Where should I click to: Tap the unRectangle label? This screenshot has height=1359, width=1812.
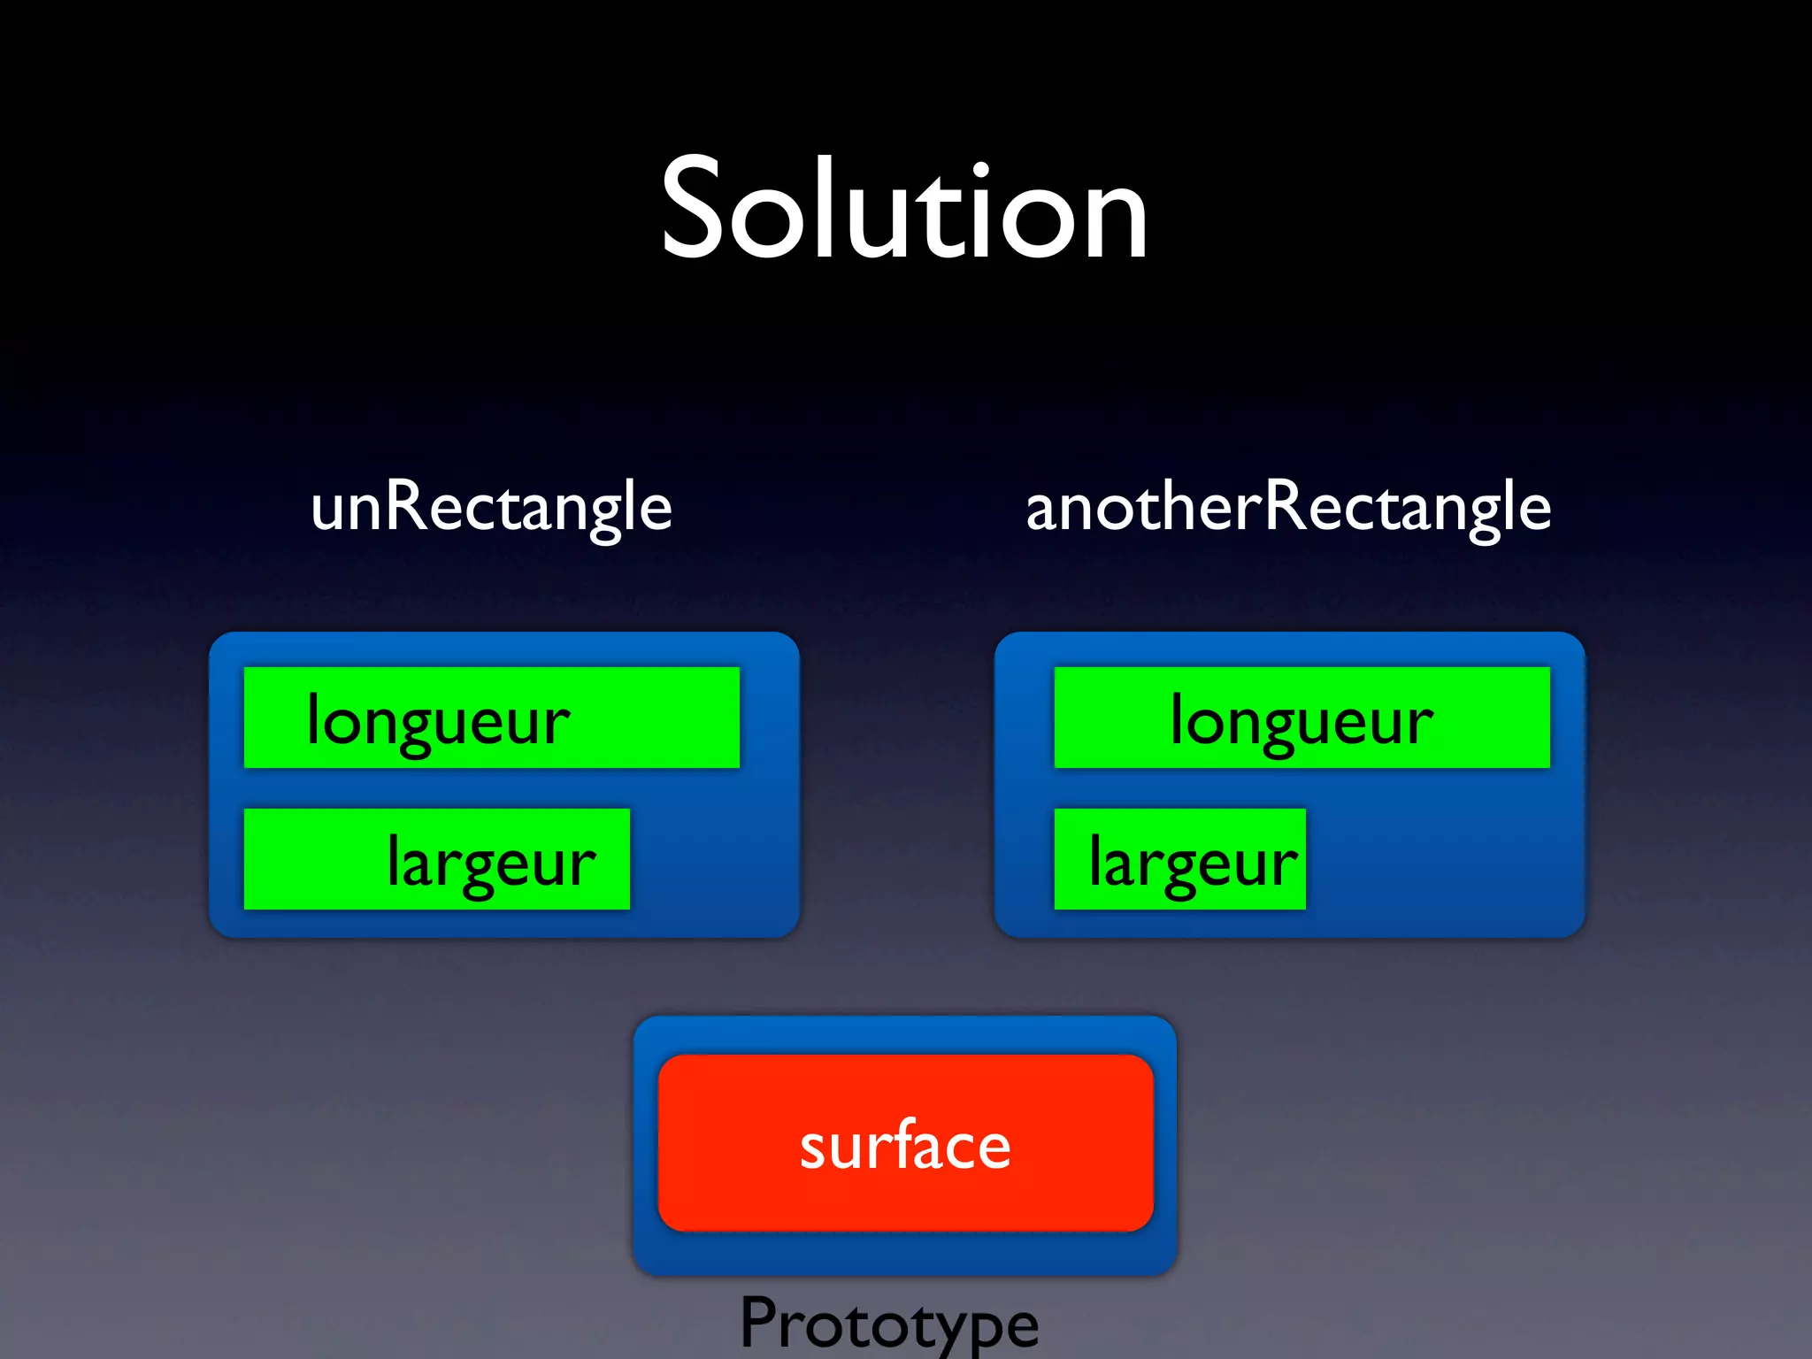[x=492, y=507]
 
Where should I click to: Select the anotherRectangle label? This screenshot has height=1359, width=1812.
[x=1288, y=507]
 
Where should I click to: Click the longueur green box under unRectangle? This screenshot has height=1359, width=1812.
[x=491, y=718]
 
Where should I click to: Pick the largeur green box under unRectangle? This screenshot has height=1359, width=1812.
[x=436, y=859]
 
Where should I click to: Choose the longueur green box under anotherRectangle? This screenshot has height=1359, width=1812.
[x=1301, y=718]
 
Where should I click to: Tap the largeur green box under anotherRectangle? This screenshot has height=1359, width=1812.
[x=1179, y=859]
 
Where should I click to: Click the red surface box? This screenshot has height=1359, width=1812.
[x=905, y=1142]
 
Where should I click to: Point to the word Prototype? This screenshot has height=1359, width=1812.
[x=889, y=1324]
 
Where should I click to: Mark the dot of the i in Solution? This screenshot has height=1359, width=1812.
[x=979, y=168]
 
